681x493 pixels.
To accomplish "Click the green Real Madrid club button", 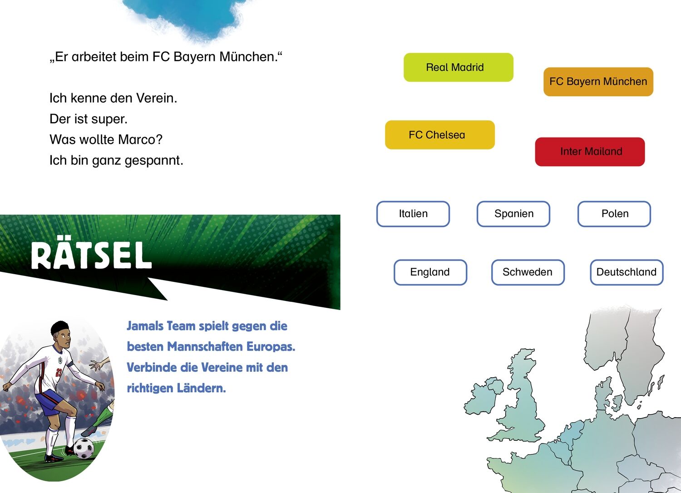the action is (x=459, y=67).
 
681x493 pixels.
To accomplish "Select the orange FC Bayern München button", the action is (x=598, y=82).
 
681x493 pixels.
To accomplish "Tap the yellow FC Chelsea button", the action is (x=440, y=135).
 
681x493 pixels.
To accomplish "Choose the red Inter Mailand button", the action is (x=590, y=152).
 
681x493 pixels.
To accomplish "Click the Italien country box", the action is (x=413, y=214).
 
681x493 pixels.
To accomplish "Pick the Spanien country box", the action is (x=513, y=214).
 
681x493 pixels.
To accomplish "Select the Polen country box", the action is (x=614, y=214).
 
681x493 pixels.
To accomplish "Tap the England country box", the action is (x=430, y=272).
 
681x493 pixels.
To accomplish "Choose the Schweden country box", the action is (x=528, y=272).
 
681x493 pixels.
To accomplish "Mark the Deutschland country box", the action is (x=627, y=272).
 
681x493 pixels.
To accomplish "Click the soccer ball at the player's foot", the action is (x=84, y=448).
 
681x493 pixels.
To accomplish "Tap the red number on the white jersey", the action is (x=59, y=372).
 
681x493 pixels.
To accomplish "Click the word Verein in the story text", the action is (x=156, y=98).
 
